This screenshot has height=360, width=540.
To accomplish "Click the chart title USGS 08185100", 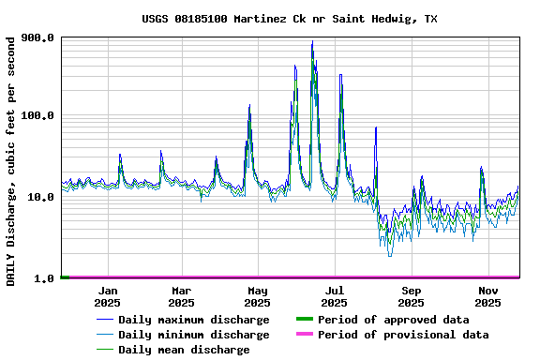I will click(x=289, y=19).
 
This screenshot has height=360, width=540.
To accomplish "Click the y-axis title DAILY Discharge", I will click(x=10, y=161).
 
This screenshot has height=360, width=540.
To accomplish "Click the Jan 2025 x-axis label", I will click(x=107, y=296).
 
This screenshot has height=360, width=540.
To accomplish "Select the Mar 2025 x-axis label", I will click(x=182, y=296).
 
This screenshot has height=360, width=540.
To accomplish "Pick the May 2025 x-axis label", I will click(x=258, y=296).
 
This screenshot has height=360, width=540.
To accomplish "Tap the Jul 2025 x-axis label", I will click(x=335, y=296).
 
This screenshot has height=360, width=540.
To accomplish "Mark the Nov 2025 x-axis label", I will click(x=487, y=296).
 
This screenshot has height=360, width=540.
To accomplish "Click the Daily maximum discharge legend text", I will click(x=193, y=320).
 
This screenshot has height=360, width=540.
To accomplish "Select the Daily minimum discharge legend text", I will click(x=193, y=335).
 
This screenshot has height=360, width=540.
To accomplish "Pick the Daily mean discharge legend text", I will click(x=184, y=350).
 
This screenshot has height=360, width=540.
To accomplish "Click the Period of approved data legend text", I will click(x=393, y=320).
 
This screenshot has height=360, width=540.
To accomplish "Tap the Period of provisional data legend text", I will click(x=403, y=335).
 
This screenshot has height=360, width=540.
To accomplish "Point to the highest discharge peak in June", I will click(x=312, y=42).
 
